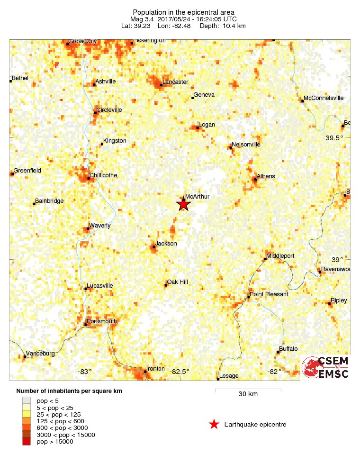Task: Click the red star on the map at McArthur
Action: (184, 204)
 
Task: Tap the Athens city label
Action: (265, 176)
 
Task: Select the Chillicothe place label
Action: (104, 175)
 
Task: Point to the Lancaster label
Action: (175, 82)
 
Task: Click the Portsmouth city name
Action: (102, 321)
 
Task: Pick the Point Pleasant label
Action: (269, 294)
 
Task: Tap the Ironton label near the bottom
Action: (155, 369)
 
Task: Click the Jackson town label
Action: (166, 244)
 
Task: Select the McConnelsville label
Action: (324, 98)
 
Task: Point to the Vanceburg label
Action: (40, 354)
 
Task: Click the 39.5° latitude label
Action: (334, 138)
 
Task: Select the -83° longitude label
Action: (85, 371)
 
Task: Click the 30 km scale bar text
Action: (248, 394)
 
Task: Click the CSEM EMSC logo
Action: (325, 367)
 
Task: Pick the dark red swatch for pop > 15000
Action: (27, 442)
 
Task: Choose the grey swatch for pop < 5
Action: (27, 401)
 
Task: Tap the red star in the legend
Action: (214, 424)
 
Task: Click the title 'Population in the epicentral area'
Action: (183, 12)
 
